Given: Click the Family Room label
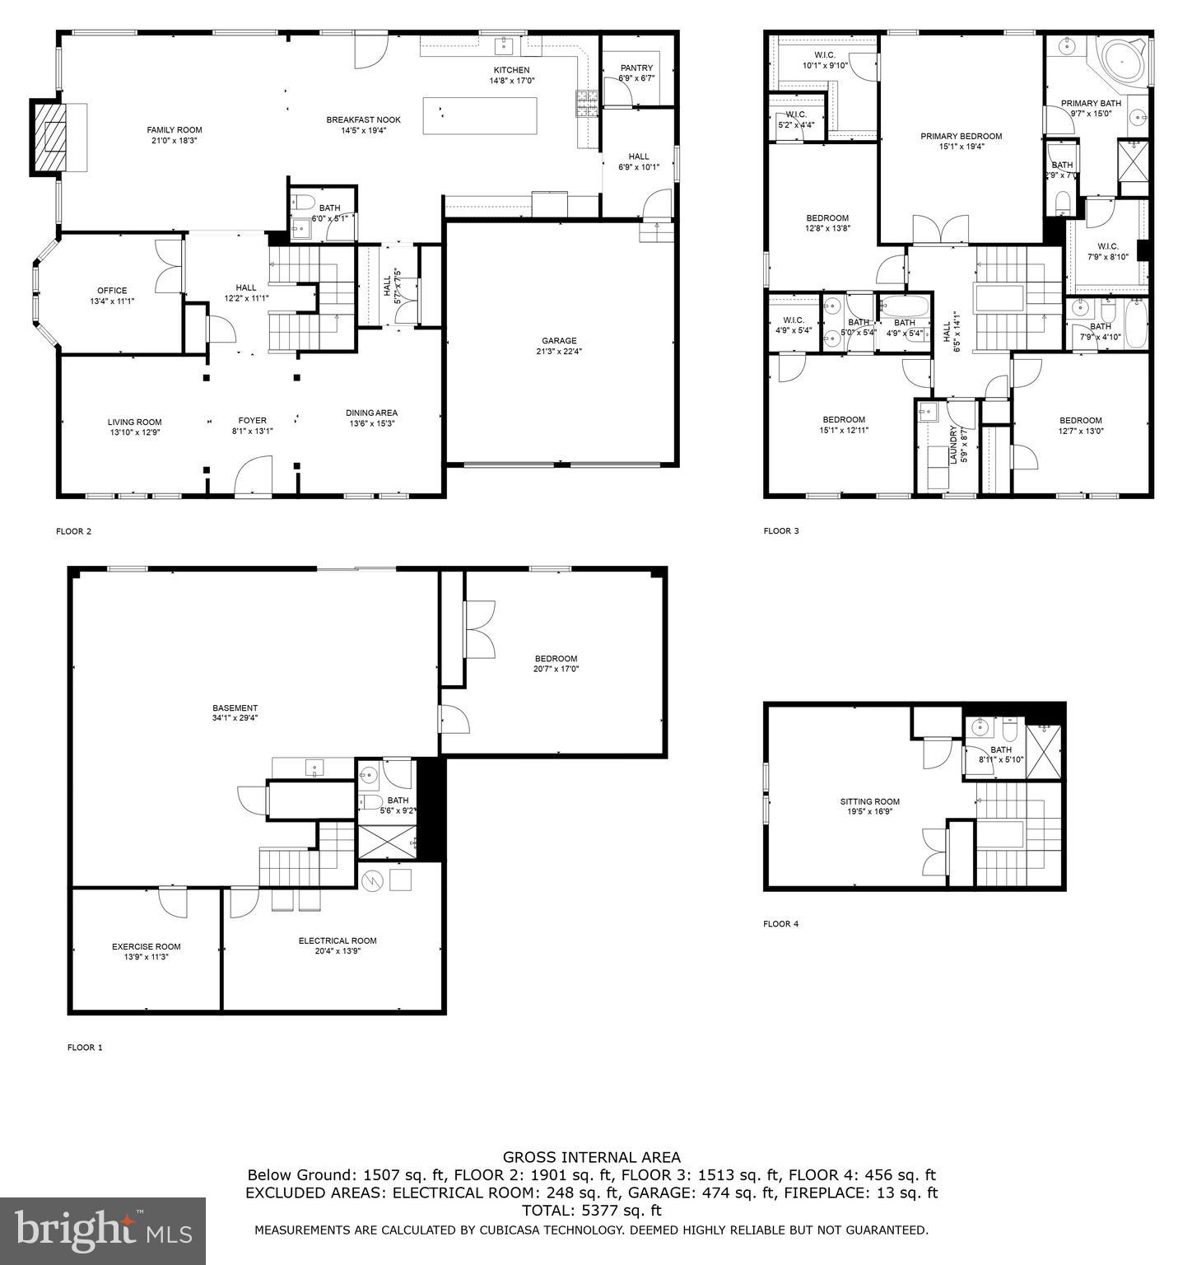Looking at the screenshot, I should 174,130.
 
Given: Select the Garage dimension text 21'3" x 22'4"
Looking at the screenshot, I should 559,351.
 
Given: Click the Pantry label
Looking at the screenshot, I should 636,68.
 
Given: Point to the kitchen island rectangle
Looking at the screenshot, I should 480,115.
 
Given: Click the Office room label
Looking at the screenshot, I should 112,291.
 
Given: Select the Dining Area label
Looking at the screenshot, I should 371,413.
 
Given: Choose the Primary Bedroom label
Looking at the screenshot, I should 961,137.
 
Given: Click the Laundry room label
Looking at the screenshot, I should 954,445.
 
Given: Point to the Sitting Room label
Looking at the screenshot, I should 869,801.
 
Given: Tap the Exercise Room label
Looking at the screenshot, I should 147,946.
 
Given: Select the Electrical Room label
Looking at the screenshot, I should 338,941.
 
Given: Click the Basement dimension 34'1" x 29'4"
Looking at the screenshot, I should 235,718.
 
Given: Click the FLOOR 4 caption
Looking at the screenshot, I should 780,924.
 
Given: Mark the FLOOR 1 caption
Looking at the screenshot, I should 85,1048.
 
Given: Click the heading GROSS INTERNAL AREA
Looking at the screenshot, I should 591,1158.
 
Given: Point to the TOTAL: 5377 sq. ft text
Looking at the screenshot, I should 591,1211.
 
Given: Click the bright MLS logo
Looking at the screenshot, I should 103,1230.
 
